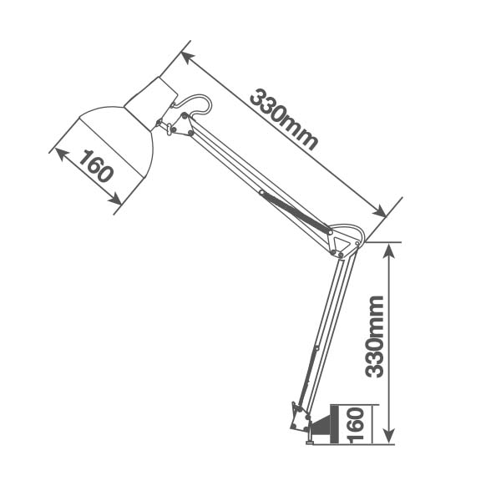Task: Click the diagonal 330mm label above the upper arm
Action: coord(284,119)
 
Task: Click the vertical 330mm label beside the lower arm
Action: coord(374,337)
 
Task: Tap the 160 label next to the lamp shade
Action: coord(96,166)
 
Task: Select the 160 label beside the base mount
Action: coord(356,425)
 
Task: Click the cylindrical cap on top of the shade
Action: coord(151,102)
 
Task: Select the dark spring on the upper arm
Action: coord(294,212)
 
